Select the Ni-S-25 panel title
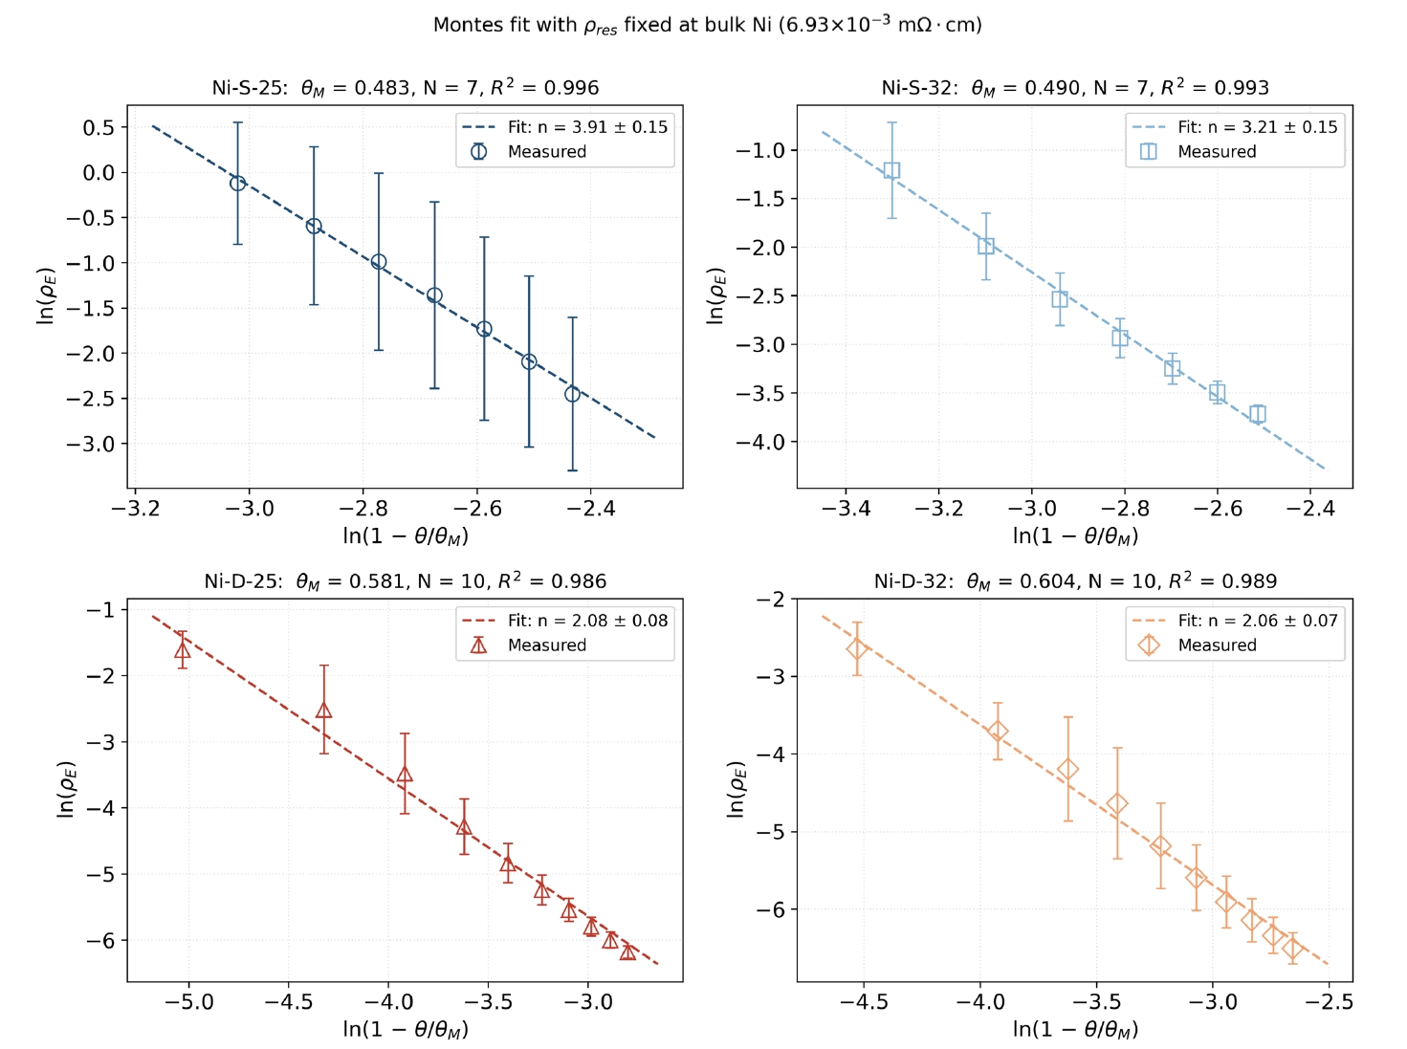(x=406, y=87)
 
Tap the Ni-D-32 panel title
(x=1075, y=580)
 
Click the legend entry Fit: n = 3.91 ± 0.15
(x=564, y=127)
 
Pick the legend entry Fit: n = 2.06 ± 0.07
(x=1235, y=621)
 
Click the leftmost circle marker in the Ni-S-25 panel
(x=237, y=184)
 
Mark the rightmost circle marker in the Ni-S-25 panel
(x=572, y=394)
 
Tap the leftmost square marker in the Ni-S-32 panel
(x=891, y=170)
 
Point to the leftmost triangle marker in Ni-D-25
(x=183, y=650)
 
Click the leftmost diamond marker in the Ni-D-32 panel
(x=857, y=648)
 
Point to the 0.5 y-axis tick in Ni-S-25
(x=99, y=127)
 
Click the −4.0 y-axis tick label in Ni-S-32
(x=760, y=442)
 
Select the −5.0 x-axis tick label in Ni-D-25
(x=189, y=1001)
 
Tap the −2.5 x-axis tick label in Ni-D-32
(x=1329, y=1001)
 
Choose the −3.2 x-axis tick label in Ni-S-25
(x=135, y=509)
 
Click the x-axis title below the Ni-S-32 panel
(x=1075, y=535)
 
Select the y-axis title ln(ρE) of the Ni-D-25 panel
(x=67, y=790)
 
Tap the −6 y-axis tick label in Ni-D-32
(x=770, y=909)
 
